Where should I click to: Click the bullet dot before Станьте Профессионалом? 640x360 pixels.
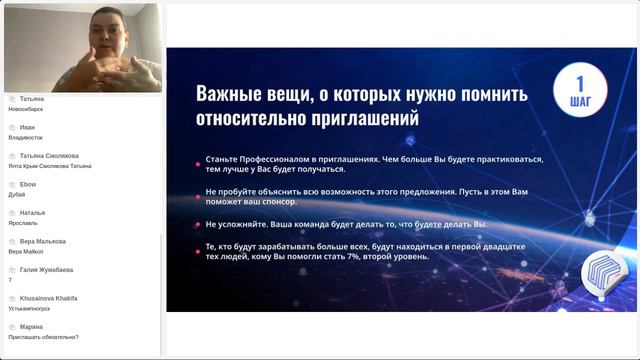[x=198, y=160]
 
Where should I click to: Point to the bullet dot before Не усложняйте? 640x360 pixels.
[x=198, y=224]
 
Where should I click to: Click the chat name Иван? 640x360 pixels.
[x=28, y=127]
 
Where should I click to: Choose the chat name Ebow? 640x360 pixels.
[x=28, y=184]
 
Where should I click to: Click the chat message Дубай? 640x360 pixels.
[x=17, y=194]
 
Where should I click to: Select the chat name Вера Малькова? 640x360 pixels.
[x=43, y=241]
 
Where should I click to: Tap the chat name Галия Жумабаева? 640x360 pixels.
[x=47, y=270]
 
